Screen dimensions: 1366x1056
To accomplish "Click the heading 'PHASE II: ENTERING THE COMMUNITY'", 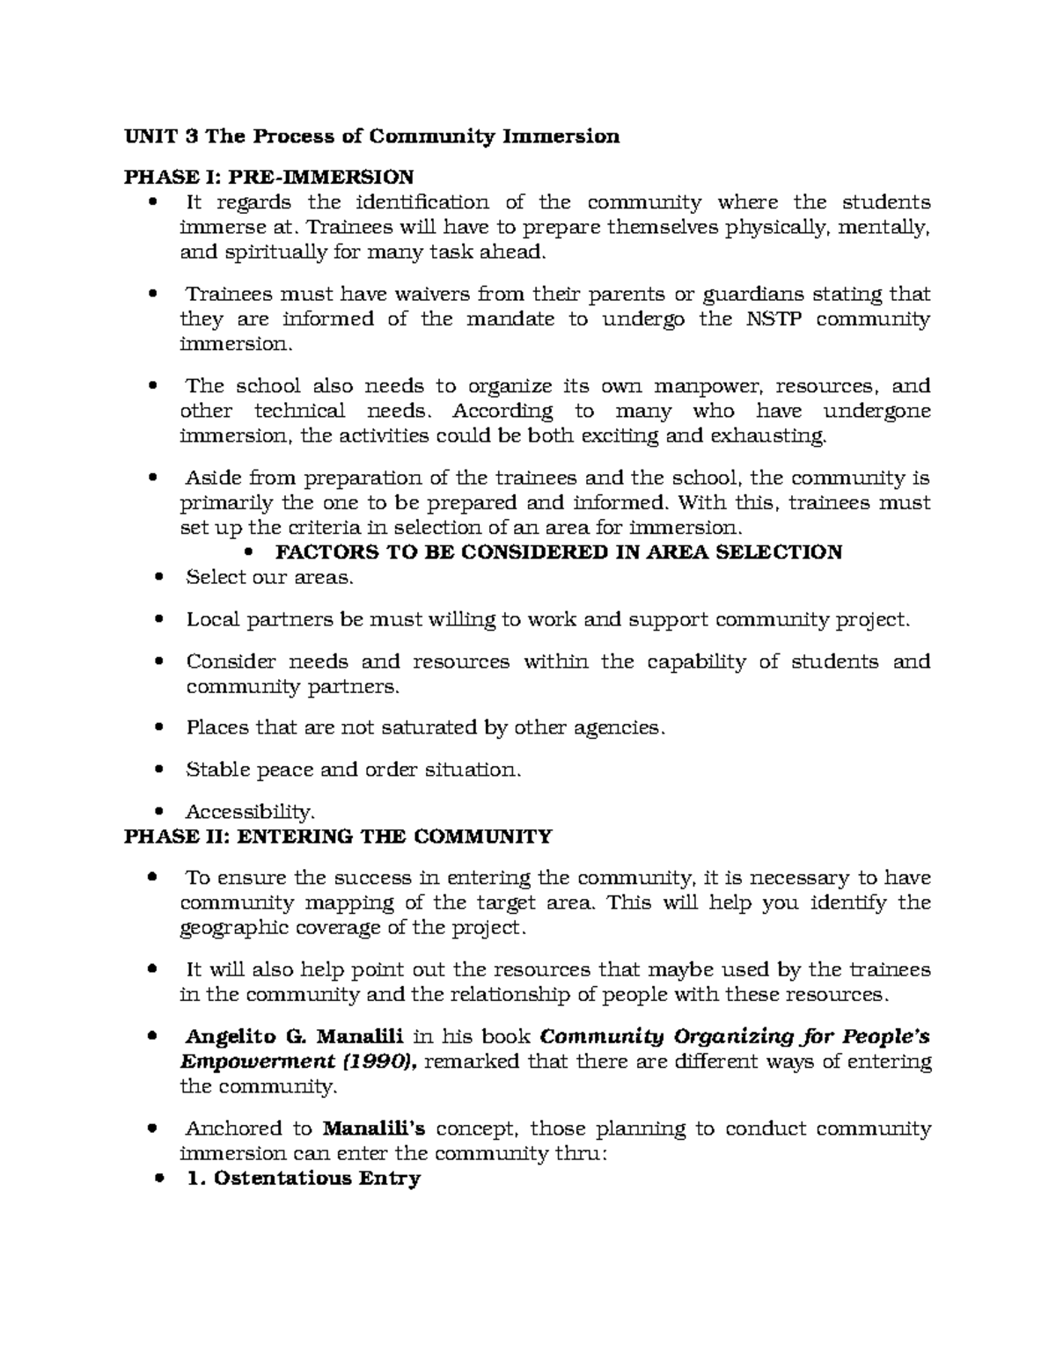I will [338, 836].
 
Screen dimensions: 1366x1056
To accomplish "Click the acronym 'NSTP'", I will [774, 318].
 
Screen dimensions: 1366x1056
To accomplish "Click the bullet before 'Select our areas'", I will [158, 578].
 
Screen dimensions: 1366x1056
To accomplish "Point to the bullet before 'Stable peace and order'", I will [158, 770].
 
